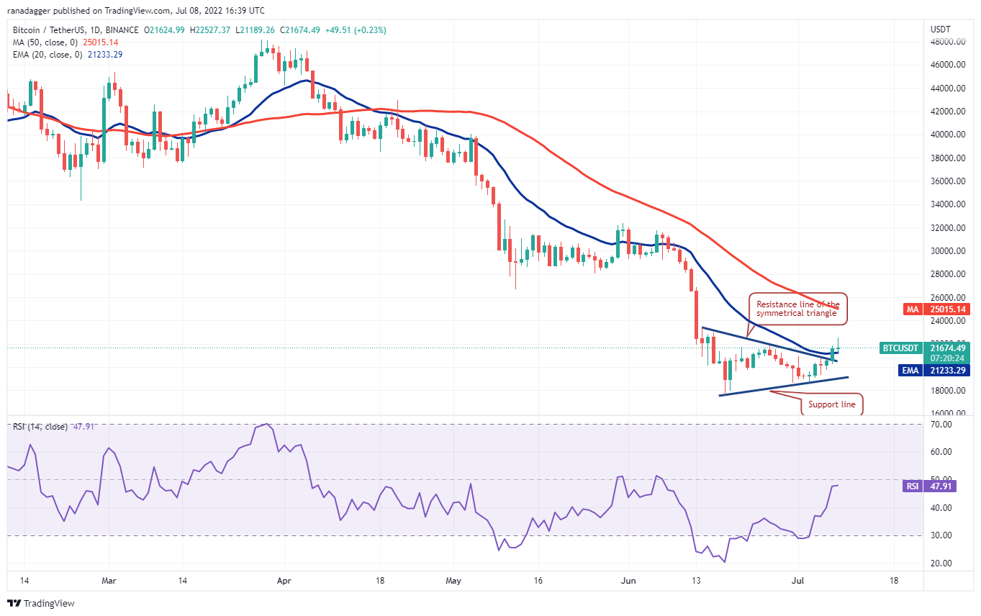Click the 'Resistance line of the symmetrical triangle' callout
click(797, 309)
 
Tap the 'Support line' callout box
click(831, 404)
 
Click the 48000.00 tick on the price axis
click(945, 42)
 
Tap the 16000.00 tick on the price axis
click(945, 414)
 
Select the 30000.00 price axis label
click(945, 251)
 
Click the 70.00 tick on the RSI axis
click(940, 425)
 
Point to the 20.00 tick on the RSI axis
click(940, 563)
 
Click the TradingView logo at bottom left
click(41, 603)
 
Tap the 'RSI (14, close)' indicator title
click(40, 427)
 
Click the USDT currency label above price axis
click(941, 30)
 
